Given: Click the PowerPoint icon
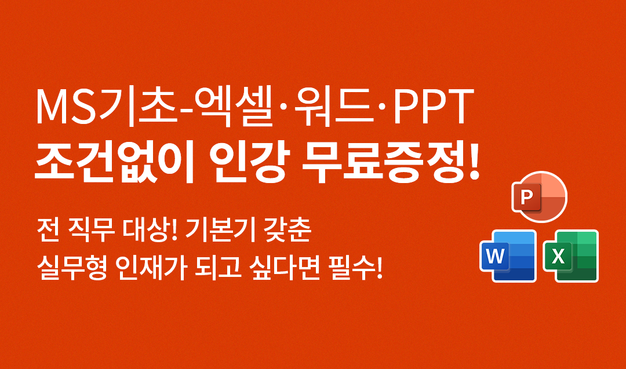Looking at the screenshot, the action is pos(540,197).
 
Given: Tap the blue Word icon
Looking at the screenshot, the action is pos(508,255).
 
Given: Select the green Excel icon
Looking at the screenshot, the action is pos(571,255).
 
